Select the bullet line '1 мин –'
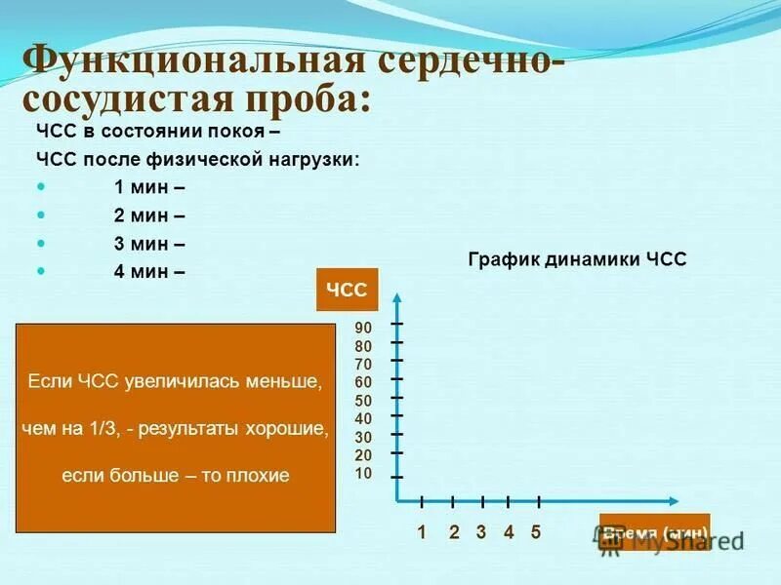(x=148, y=186)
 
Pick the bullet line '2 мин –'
(x=148, y=214)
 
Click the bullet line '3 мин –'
(x=148, y=243)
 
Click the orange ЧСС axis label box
(x=347, y=291)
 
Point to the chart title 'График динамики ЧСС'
(x=577, y=259)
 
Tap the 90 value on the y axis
(x=363, y=328)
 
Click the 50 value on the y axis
(x=363, y=401)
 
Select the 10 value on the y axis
(x=363, y=474)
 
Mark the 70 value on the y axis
(x=363, y=364)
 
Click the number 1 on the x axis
(x=422, y=532)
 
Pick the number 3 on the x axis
(x=481, y=532)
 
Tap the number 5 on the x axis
(x=536, y=532)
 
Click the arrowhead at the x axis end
(x=673, y=501)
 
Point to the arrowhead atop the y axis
(x=397, y=295)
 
